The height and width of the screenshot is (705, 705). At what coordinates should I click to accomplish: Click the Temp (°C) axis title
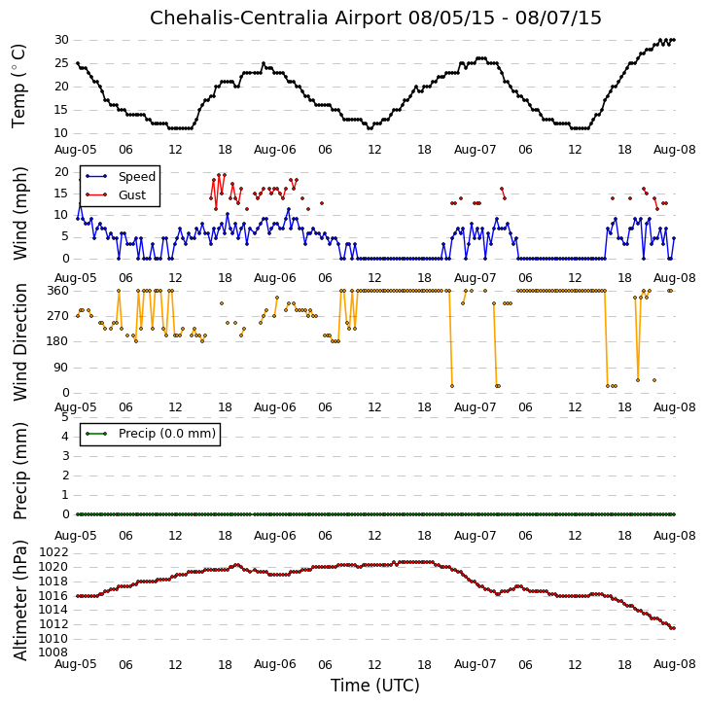18,86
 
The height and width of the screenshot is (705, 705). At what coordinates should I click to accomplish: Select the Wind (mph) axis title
19,213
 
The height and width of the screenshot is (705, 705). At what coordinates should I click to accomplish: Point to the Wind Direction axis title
19,342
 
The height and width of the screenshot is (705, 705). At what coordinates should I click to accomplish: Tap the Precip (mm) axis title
19,472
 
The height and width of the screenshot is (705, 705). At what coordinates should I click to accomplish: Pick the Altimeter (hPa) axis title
19,600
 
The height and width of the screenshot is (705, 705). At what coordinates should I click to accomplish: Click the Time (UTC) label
375,686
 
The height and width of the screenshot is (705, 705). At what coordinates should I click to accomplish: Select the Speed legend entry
137,177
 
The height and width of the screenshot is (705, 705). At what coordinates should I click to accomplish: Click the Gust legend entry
132,195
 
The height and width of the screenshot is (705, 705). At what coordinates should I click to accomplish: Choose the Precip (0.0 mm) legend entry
167,434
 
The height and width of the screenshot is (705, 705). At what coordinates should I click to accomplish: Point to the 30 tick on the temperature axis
61,40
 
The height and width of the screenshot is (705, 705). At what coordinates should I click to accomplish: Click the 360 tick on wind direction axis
58,291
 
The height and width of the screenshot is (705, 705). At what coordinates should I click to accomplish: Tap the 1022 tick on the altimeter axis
53,552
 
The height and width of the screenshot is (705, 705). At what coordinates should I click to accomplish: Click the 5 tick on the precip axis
65,417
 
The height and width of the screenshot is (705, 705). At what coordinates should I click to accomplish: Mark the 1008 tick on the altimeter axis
53,652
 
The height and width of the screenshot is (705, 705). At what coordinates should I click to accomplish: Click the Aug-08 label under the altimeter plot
674,664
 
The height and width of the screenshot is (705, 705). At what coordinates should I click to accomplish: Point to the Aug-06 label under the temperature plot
275,150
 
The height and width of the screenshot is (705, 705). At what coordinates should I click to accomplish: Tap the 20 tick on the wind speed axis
61,172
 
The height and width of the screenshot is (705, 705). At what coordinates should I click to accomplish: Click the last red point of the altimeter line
674,628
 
